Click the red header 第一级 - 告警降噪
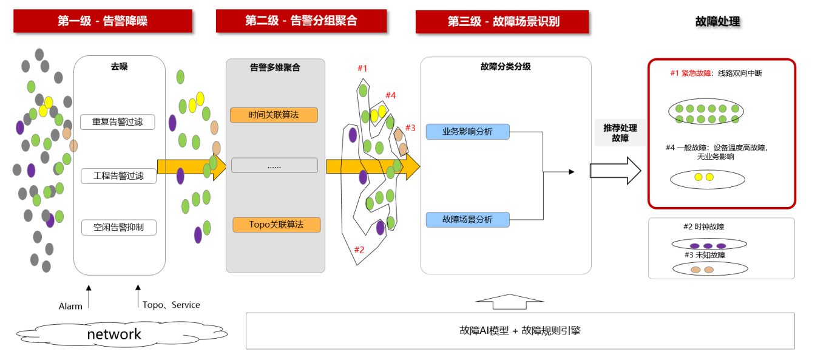103,21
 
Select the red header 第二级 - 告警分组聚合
301,21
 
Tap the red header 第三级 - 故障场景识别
502,22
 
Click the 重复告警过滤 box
118,121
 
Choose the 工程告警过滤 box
118,176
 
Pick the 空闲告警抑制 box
118,228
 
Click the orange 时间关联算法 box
274,115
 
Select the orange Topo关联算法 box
276,225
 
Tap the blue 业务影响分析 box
467,131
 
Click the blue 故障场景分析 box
467,219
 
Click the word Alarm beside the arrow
70,306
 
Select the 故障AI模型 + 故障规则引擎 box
520,331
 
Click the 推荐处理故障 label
620,133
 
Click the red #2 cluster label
359,250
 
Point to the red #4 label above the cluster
390,95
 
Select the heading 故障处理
717,22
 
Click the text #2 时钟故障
703,227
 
